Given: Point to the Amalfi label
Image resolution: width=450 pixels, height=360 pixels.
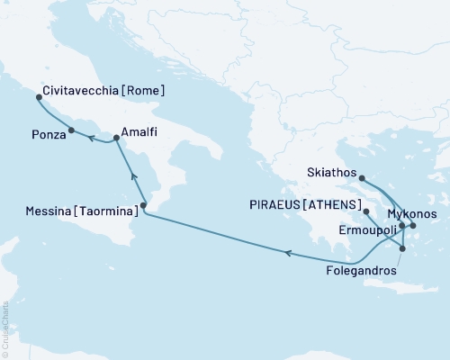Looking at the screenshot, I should point(141,132).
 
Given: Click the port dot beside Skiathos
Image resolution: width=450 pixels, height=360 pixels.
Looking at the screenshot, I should point(361,178).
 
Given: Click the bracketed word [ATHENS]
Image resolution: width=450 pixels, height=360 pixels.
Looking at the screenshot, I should point(336,205).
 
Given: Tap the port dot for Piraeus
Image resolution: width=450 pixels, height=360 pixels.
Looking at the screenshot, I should point(365,212).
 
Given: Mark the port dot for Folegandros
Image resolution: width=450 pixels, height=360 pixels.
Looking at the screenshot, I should point(401,249).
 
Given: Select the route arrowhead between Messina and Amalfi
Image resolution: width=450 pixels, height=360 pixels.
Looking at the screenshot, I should point(132,175).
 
